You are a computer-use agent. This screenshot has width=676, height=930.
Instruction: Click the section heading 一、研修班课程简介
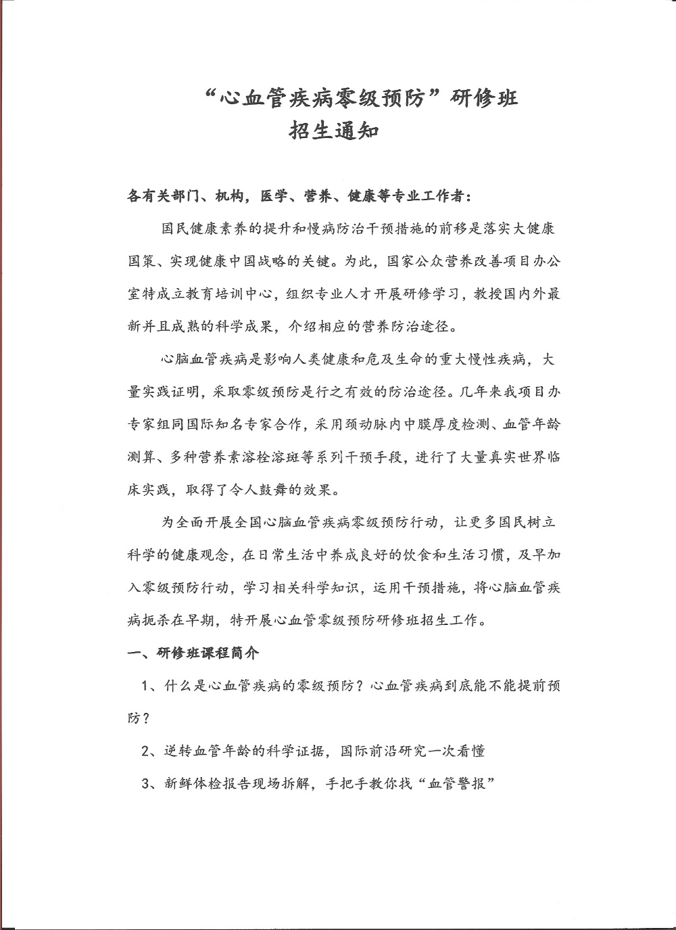(x=194, y=653)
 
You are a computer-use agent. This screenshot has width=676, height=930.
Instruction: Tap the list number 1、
(x=150, y=686)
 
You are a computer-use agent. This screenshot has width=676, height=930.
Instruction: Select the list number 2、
(x=150, y=751)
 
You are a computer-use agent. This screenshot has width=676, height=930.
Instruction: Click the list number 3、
(x=150, y=784)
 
